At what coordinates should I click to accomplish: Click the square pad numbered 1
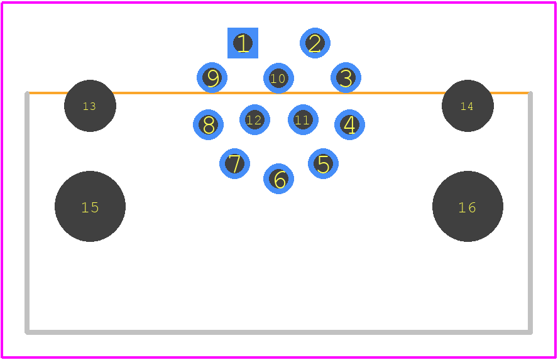coord(243,43)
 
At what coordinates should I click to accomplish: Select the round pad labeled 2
coord(315,43)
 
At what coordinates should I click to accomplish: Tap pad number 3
coord(346,77)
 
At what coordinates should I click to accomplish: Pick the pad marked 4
coord(349,125)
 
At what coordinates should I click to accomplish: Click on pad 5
coord(323,163)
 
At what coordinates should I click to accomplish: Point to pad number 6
coord(278,178)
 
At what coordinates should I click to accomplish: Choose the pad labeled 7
coord(234,163)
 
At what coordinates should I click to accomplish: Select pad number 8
coord(208,125)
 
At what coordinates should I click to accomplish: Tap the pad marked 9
coord(212,77)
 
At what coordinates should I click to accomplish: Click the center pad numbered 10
coord(278,79)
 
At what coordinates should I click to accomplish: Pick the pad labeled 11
coord(304,120)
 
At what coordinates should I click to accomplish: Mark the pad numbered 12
coord(254,120)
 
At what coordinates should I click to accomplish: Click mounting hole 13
coord(90,106)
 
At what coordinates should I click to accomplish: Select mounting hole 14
coord(468,106)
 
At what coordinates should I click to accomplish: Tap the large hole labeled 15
coord(90,206)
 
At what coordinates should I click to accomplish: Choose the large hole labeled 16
coord(468,206)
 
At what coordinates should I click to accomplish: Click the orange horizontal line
coord(278,93)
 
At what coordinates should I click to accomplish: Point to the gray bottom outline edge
coord(278,332)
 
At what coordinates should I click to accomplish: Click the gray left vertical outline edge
coord(27,213)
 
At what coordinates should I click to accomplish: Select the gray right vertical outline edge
coord(530,213)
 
